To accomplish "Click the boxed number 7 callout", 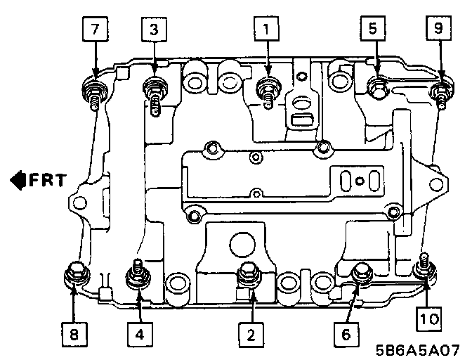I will point(95,30).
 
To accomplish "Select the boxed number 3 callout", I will point(152,30).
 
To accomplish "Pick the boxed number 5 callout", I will point(373,30).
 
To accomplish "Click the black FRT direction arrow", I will point(18,180).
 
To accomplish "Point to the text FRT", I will point(48,180).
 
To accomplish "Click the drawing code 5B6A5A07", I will point(422,349).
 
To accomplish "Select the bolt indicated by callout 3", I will point(153,89).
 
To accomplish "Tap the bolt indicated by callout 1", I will point(267,88).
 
